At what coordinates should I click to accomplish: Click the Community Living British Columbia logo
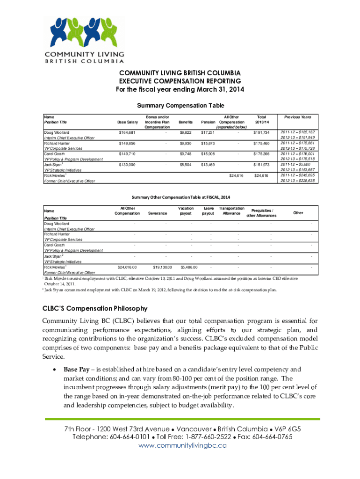click(x=85, y=40)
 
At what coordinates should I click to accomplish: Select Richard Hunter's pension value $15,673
click(x=208, y=143)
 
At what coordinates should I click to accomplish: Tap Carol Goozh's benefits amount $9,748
click(x=186, y=153)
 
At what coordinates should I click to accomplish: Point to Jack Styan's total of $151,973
click(x=261, y=165)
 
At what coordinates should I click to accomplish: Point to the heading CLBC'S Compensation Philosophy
click(x=95, y=309)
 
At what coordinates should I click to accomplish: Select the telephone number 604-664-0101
click(x=128, y=437)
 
